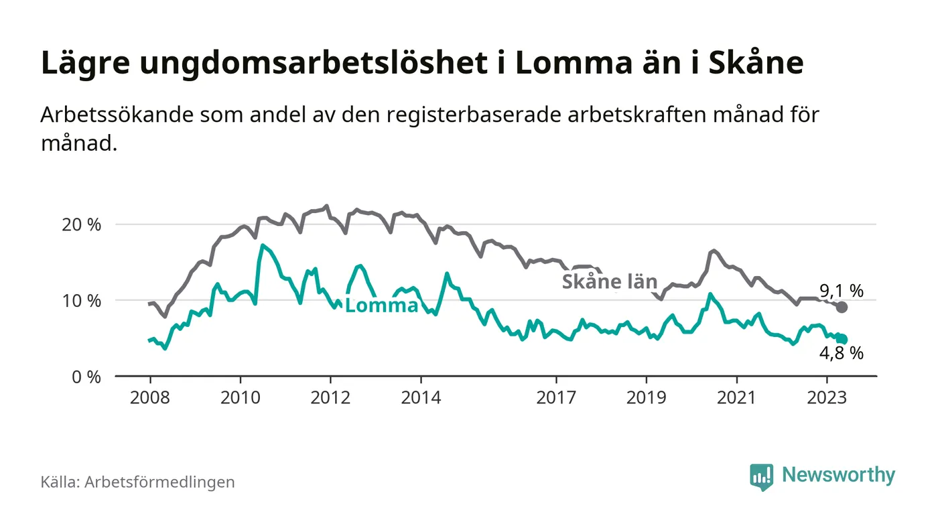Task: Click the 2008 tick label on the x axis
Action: point(150,397)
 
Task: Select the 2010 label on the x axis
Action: point(240,397)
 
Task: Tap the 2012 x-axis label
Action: point(330,397)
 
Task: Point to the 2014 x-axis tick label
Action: point(421,397)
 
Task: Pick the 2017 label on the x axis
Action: point(556,397)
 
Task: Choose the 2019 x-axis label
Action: point(646,397)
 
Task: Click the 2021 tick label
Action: point(736,397)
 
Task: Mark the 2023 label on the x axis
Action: point(827,397)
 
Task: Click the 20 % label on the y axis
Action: point(80,224)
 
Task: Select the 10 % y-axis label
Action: point(80,300)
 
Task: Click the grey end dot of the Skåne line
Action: point(842,307)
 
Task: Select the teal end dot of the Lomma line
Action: point(842,340)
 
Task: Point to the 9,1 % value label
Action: point(841,291)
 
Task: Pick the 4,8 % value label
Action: point(841,354)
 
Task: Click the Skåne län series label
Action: point(609,282)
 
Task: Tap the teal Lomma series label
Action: point(381,306)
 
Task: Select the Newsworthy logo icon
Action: point(761,476)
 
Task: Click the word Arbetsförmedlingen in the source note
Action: point(159,482)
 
